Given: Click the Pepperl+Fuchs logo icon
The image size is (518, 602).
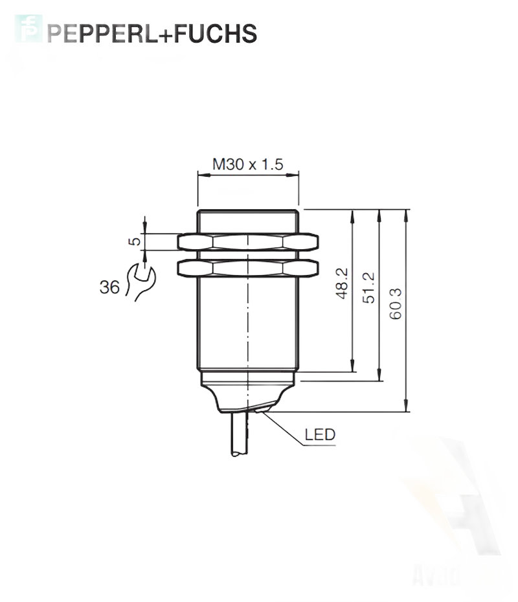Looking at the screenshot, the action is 28,28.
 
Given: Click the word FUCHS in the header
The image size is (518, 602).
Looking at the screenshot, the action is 216,34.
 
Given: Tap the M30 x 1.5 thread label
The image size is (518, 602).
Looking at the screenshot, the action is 248,164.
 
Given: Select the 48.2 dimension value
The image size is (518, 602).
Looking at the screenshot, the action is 341,284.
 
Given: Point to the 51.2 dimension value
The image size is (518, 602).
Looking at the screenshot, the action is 368,287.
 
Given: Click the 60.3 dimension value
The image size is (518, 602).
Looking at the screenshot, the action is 396,304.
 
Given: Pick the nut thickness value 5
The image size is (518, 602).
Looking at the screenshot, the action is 135,241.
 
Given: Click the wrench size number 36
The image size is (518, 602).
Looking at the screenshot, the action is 109,287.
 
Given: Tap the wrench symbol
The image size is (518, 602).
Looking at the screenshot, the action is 140,282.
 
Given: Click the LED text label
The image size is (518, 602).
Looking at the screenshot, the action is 320,434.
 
